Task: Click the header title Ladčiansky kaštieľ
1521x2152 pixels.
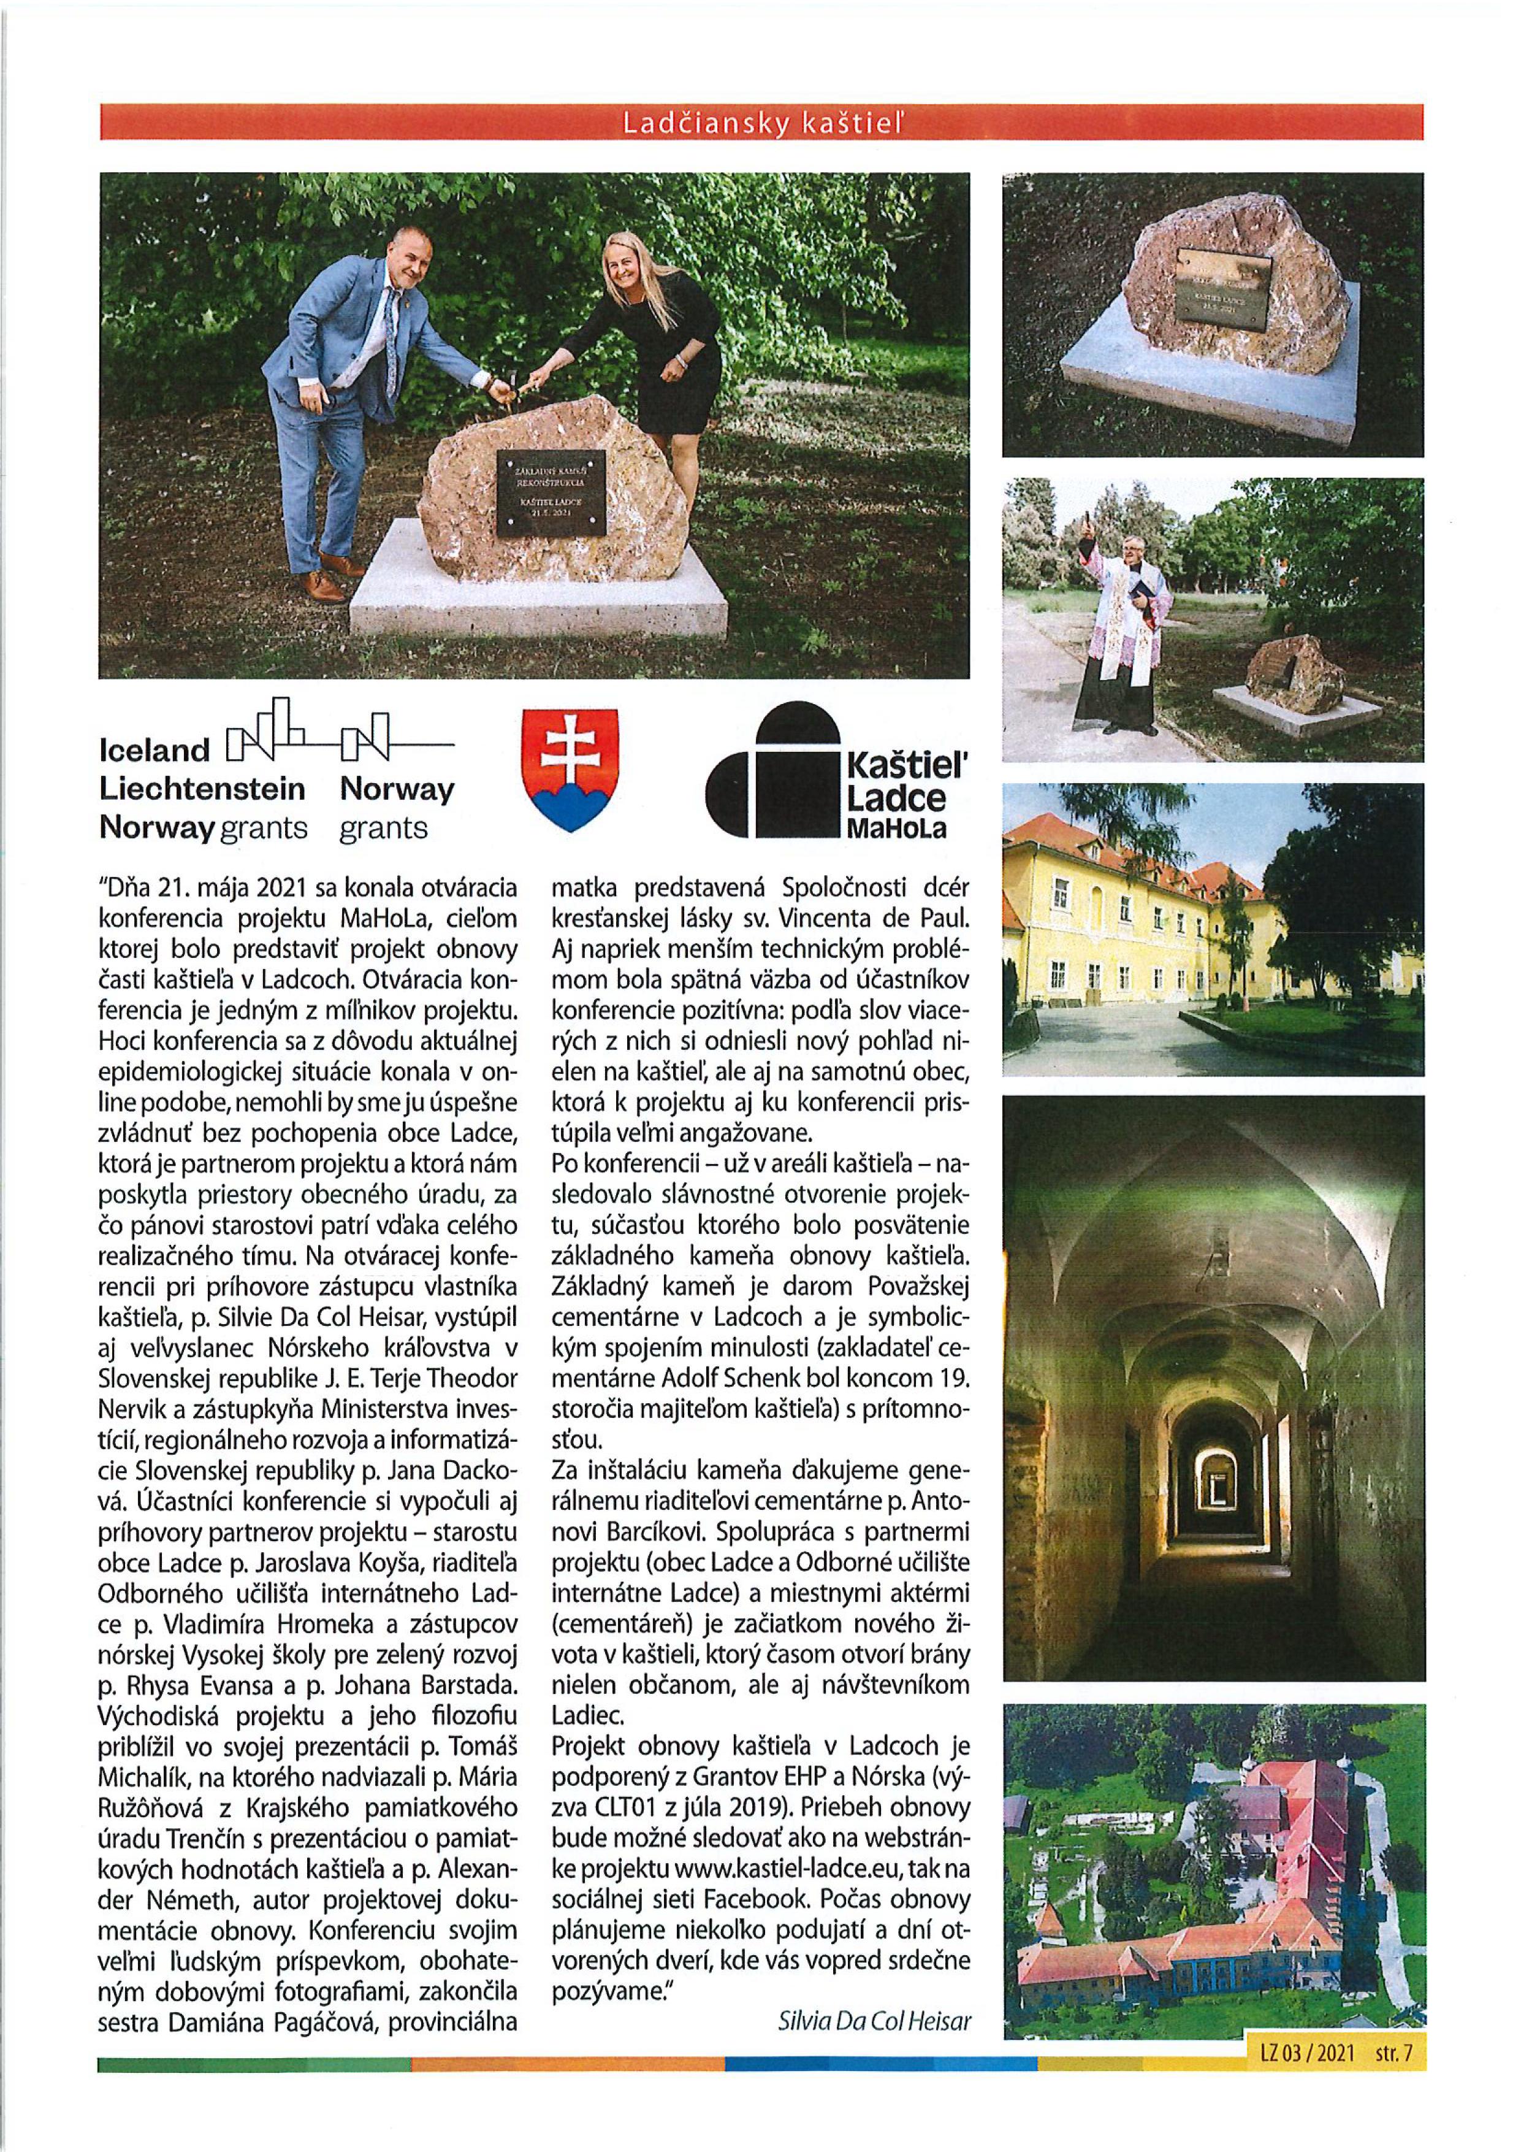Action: coord(760,122)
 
